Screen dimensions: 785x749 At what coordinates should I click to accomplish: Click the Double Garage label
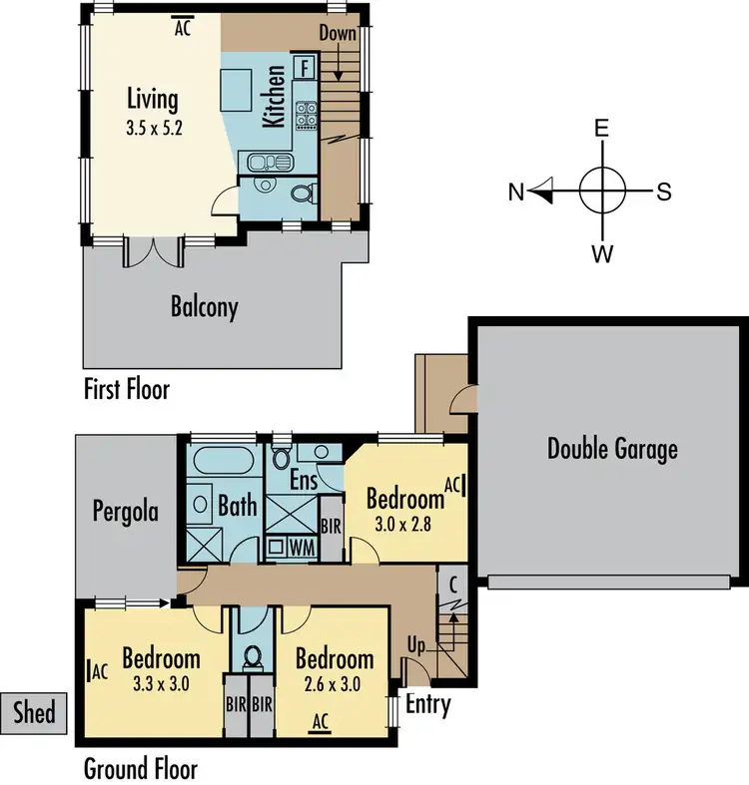tap(612, 449)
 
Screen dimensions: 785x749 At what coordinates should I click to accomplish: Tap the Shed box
tap(34, 713)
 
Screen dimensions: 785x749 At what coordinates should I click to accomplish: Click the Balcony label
tap(204, 306)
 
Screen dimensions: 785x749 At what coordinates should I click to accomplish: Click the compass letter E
tap(602, 130)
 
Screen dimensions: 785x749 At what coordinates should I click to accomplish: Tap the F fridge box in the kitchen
tap(306, 69)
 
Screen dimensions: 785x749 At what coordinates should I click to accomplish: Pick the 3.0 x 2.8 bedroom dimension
tap(403, 523)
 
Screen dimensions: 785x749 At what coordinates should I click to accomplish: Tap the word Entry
tap(427, 705)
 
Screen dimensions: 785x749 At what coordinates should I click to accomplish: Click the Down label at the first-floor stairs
tap(338, 33)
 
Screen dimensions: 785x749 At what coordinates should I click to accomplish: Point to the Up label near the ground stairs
tap(416, 645)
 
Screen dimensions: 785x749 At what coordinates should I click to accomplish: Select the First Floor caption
tap(126, 389)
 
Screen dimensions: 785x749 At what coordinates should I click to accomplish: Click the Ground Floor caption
tap(140, 769)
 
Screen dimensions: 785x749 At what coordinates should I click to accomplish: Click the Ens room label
tap(304, 481)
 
